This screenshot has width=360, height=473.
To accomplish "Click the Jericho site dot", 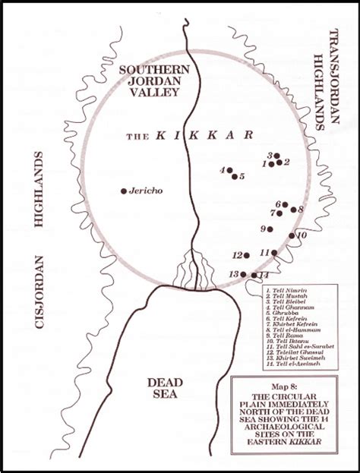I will tap(124, 191).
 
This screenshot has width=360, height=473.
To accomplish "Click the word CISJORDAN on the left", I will tap(36, 294).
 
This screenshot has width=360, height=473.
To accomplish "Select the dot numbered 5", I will tap(234, 176).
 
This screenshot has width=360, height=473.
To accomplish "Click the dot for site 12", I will tap(247, 255).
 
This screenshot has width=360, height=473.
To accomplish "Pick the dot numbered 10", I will tap(292, 235).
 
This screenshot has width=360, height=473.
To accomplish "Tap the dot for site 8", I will tap(292, 209).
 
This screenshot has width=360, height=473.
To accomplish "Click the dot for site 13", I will tap(244, 274).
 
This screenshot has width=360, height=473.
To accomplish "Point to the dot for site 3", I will tap(276, 156).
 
